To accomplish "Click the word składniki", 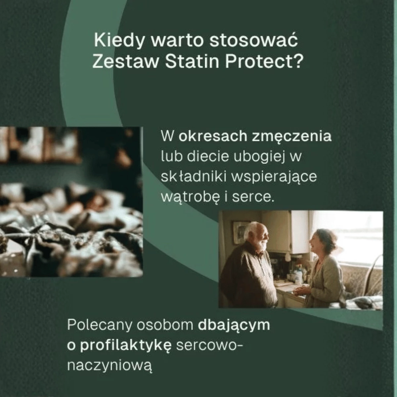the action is (193, 177).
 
